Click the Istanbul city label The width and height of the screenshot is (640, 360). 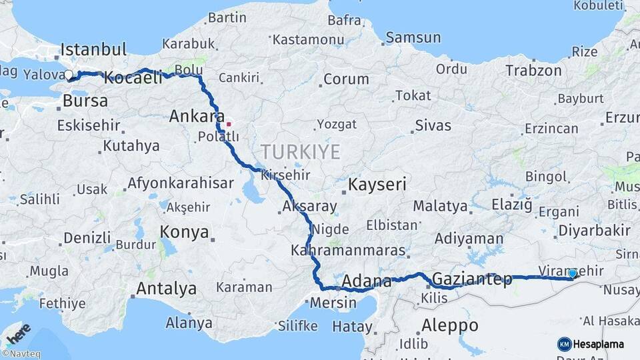[93, 49]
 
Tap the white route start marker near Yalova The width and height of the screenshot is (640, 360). [69, 75]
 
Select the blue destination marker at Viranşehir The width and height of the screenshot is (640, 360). [573, 273]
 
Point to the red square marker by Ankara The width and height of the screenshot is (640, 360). [229, 123]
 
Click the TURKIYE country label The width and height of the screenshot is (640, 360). [301, 151]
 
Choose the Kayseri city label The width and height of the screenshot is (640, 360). [377, 185]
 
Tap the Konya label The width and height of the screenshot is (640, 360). [184, 233]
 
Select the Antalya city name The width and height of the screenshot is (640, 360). [166, 289]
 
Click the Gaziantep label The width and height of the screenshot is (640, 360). [472, 279]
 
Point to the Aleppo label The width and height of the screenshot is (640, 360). [450, 325]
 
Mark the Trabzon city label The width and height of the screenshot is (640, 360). [533, 71]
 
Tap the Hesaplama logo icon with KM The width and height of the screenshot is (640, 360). [564, 344]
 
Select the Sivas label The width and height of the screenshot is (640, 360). [433, 125]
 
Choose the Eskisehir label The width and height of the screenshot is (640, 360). [89, 125]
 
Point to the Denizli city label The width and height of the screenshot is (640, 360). [87, 237]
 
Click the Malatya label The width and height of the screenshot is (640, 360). [440, 206]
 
